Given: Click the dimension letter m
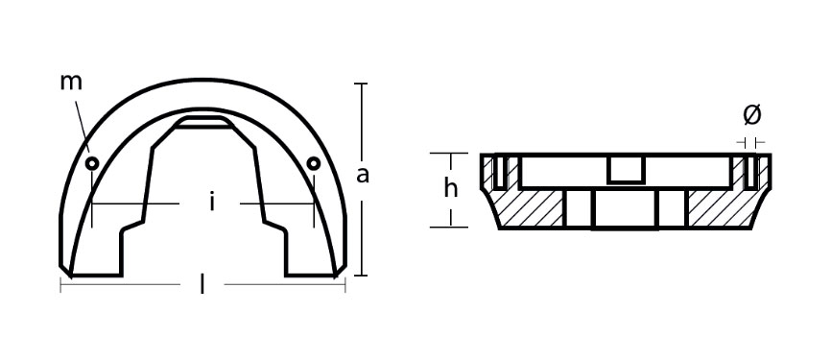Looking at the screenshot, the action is [x=71, y=84].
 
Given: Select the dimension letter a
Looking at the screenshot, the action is [x=363, y=175].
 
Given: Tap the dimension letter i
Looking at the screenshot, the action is [x=212, y=202].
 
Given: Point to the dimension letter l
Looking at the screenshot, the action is [x=202, y=285].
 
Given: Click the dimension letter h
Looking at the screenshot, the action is [x=451, y=188].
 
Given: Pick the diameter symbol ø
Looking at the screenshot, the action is [x=752, y=115].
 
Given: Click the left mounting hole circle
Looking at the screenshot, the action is [x=93, y=163].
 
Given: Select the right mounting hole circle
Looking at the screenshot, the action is [x=313, y=163].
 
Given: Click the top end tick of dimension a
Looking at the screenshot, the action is [x=361, y=84].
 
